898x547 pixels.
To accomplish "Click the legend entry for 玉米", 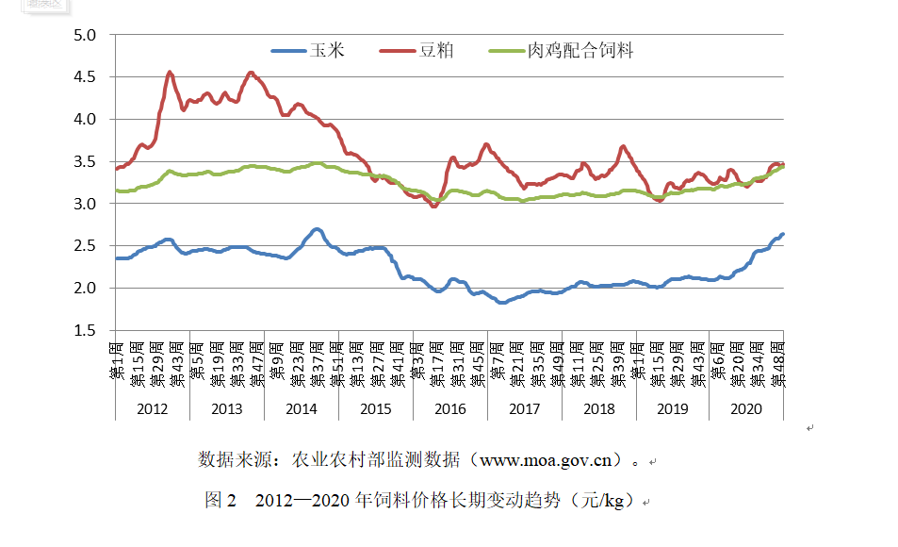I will pyautogui.click(x=324, y=50).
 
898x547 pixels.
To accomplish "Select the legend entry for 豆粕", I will pyautogui.click(x=435, y=50).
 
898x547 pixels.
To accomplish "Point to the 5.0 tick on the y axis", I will pyautogui.click(x=86, y=36).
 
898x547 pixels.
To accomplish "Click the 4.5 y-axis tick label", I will pyautogui.click(x=86, y=77).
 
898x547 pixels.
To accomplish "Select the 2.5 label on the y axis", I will pyautogui.click(x=86, y=246).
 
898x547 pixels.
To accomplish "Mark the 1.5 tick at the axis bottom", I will pyautogui.click(x=86, y=330).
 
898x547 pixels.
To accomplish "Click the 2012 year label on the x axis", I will pyautogui.click(x=153, y=408).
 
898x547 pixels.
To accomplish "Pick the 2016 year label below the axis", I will pyautogui.click(x=449, y=408).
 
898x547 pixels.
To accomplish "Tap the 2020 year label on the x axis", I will pyautogui.click(x=746, y=408).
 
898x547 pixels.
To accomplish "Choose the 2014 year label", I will pyautogui.click(x=301, y=408).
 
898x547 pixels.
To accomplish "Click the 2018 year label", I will pyautogui.click(x=598, y=408).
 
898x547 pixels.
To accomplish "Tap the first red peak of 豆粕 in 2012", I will pyautogui.click(x=170, y=72).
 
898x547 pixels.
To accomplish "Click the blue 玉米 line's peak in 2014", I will pyautogui.click(x=317, y=229).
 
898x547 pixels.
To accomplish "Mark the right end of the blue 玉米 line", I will pyautogui.click(x=783, y=234).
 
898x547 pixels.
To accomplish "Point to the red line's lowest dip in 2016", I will pyautogui.click(x=433, y=206).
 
